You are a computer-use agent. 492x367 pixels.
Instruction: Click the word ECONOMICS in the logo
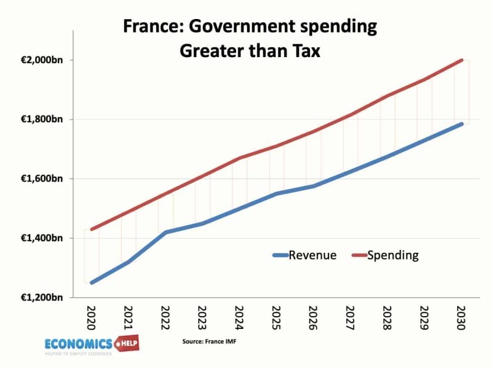tap(78, 343)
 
